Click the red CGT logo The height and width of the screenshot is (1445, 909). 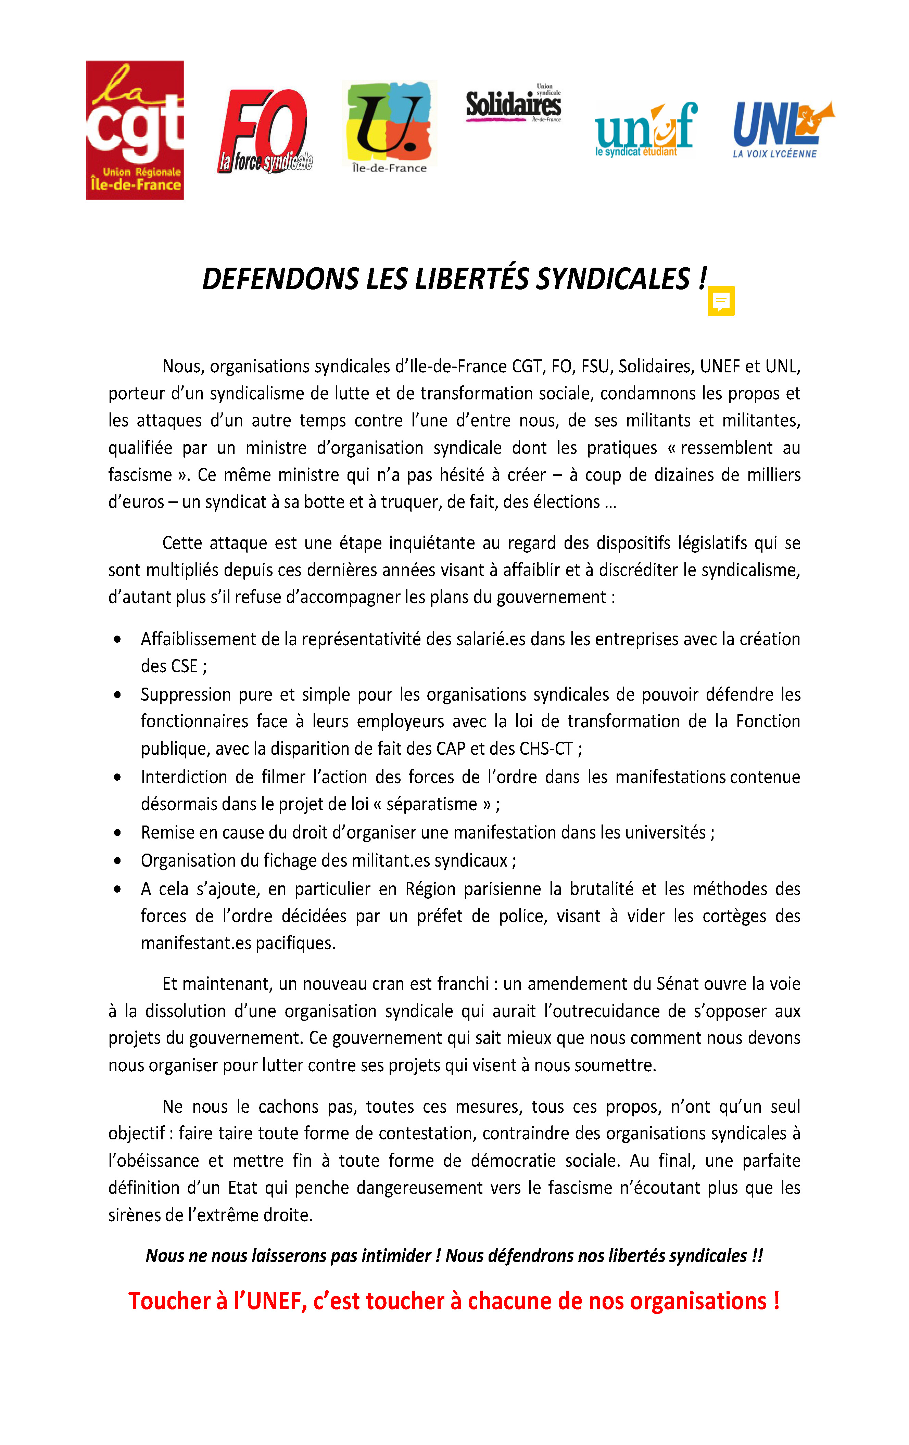135,130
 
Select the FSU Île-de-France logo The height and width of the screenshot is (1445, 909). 389,127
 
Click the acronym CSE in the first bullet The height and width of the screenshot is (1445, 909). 184,666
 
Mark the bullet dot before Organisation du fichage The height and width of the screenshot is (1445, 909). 118,860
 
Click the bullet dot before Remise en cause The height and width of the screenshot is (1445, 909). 118,832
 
